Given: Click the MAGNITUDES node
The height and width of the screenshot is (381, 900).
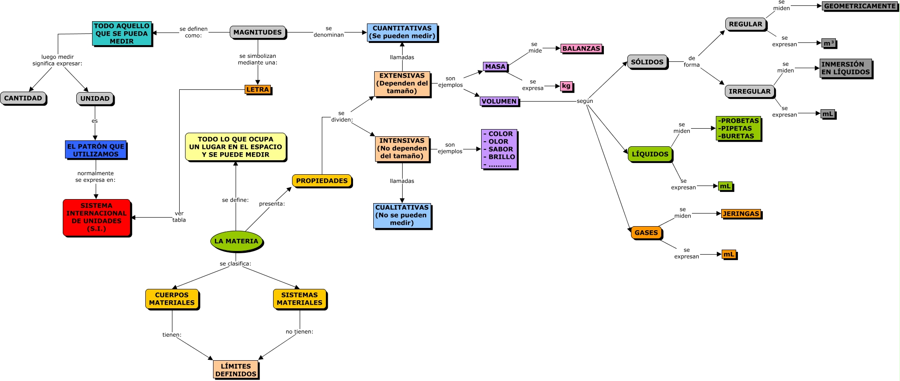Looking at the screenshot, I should tap(258, 32).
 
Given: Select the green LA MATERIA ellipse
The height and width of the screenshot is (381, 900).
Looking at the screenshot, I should tap(237, 241).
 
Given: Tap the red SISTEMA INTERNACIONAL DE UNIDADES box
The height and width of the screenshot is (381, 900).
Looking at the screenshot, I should tap(97, 217).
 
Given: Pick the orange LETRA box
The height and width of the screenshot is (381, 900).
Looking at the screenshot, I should tap(258, 89).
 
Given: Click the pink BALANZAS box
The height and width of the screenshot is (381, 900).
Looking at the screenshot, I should tap(581, 48).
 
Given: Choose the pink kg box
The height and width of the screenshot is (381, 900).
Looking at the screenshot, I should tap(566, 86).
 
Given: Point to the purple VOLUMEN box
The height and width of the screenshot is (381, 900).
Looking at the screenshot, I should tap(499, 101).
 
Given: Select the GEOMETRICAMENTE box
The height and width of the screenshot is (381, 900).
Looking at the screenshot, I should tap(860, 6).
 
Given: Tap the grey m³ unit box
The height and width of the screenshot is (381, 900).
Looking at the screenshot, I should tap(828, 43).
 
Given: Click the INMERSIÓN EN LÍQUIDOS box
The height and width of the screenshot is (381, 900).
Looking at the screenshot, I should tap(845, 68).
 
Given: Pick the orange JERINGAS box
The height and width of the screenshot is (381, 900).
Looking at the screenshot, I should tap(741, 214).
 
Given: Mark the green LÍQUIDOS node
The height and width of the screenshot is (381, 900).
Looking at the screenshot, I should tap(650, 154).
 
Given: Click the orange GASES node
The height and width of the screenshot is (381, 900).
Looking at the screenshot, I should tap(646, 232).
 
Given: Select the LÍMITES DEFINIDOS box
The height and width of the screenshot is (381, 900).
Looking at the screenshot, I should tap(236, 370).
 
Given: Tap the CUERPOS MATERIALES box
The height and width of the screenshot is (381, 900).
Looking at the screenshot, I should tap(172, 299).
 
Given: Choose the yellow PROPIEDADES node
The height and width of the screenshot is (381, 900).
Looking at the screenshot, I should tap(322, 181).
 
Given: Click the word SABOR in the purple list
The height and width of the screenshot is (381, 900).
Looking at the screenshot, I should tap(501, 149).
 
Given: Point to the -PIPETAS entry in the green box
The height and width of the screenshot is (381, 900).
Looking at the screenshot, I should tap(736, 128).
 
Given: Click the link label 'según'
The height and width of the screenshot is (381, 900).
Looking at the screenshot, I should tap(585, 101).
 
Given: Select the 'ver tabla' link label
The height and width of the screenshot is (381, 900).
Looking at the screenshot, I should tap(179, 217).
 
